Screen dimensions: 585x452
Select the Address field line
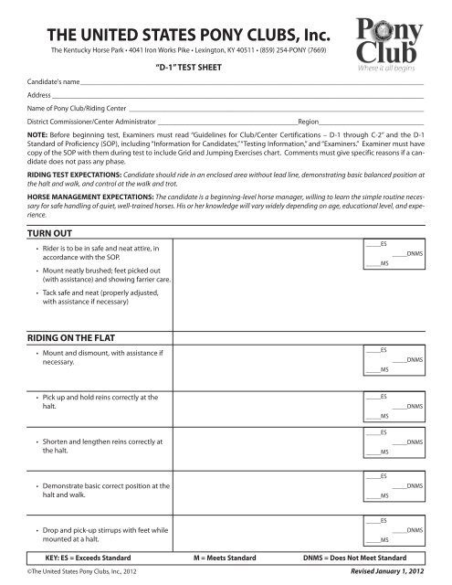point(237,95)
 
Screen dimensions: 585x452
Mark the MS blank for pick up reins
point(372,415)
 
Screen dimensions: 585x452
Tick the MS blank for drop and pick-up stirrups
point(372,541)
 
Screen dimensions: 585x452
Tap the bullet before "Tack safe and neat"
point(36,292)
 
